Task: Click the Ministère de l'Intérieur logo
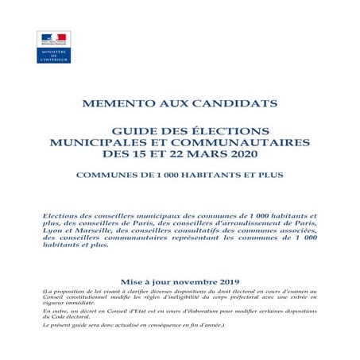coord(54,47)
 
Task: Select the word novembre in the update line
coord(192,282)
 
